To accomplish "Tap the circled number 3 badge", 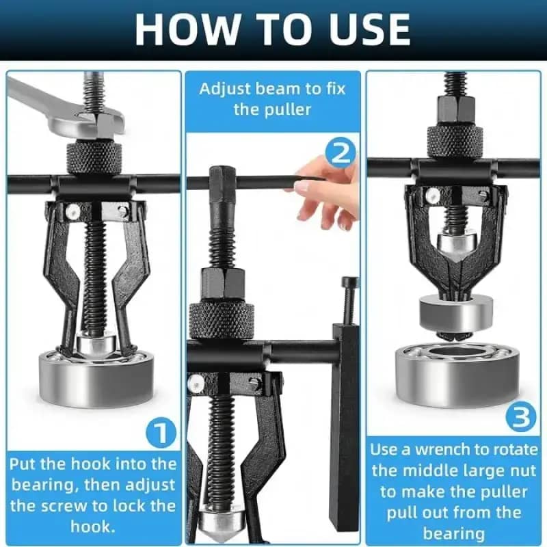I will tap(522, 418).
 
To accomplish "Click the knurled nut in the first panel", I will tap(95, 158).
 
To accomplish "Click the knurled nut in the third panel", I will tap(455, 140).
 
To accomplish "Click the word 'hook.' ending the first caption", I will tap(92, 526).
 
